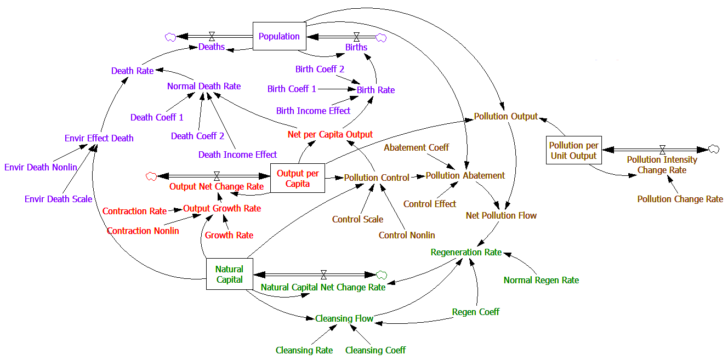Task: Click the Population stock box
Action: pos(279,36)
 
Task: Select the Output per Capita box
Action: pos(298,179)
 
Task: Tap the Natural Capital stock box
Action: pos(229,275)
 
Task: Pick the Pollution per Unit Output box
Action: pos(573,150)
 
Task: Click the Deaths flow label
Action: pos(212,47)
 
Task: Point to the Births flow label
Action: pos(356,47)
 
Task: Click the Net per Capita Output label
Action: pos(330,134)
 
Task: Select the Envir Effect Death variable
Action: pos(99,138)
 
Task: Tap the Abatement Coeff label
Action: pos(416,147)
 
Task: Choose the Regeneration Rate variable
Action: pos(466,253)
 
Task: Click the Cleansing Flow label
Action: pos(344,318)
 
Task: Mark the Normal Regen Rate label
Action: pos(541,280)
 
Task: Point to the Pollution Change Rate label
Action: pos(680,199)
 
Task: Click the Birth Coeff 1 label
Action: pos(292,89)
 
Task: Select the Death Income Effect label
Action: pos(237,155)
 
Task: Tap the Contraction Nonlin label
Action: pos(143,231)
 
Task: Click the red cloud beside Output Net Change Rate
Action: pos(152,176)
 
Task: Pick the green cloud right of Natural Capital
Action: pos(382,274)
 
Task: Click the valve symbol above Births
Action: pos(357,37)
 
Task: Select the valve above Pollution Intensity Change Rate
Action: pos(662,149)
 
